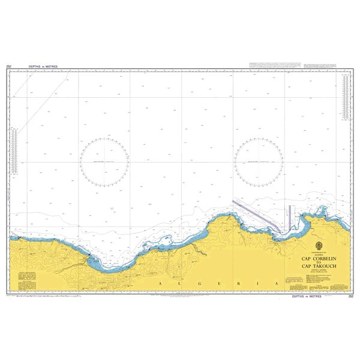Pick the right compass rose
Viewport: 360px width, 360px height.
pos(259,161)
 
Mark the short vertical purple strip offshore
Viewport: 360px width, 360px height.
pos(290,216)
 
